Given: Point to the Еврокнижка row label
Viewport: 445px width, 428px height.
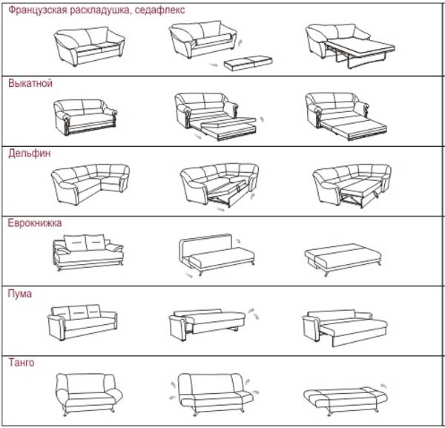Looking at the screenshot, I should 35,223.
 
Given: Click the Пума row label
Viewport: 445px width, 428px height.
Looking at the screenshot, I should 19,294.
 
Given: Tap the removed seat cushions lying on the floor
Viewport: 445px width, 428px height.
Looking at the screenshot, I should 244,64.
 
